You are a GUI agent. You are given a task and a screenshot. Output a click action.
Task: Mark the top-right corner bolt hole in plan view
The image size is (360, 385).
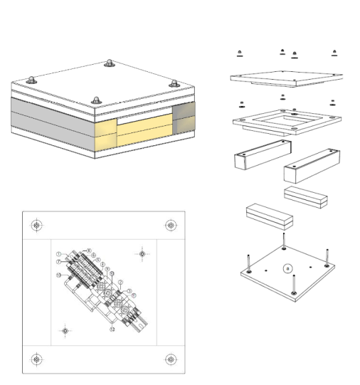click(x=170, y=226)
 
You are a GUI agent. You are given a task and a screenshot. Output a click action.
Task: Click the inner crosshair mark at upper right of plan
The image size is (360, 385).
click(x=142, y=253)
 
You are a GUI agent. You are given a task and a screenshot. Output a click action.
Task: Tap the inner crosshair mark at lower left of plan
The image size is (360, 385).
click(x=65, y=331)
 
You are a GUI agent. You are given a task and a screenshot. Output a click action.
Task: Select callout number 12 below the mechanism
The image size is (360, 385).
click(x=112, y=329)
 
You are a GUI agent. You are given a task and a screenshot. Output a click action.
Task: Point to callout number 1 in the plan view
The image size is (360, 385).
click(x=58, y=254)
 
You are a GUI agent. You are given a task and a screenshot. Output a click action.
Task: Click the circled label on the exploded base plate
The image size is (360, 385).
click(x=287, y=268)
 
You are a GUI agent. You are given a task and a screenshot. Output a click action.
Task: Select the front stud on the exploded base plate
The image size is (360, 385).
click(x=293, y=283)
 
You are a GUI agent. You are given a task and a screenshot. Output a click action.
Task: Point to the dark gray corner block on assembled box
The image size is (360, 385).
click(x=184, y=118)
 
